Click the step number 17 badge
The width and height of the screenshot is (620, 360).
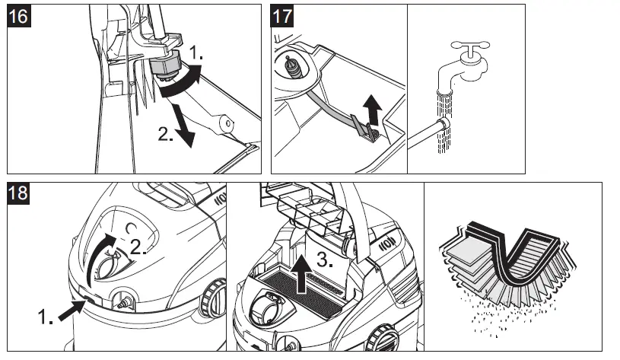283,17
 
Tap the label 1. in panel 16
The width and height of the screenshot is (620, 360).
196,53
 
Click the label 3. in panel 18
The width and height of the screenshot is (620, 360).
324,259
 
